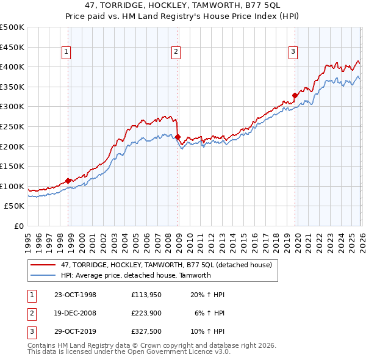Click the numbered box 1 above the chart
click(65, 52)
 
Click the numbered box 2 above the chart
click(175, 52)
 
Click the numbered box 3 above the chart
click(293, 52)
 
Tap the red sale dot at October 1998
click(68, 181)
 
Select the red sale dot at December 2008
click(178, 137)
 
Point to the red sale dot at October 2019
click(295, 95)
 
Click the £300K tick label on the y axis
click(12, 107)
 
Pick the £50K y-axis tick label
click(15, 206)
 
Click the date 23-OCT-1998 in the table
click(75, 295)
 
